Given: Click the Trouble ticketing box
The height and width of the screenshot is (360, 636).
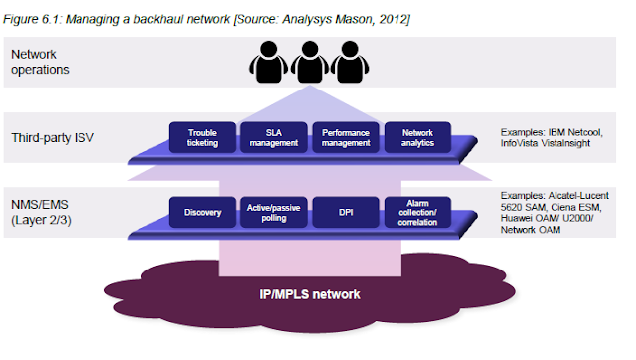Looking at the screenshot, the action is pyautogui.click(x=202, y=137).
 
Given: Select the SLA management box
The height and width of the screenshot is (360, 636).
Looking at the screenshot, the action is pyautogui.click(x=274, y=137).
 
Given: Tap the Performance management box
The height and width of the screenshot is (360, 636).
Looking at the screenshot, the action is pyautogui.click(x=346, y=137).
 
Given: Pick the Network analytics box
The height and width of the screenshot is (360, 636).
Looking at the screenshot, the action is pyautogui.click(x=417, y=137).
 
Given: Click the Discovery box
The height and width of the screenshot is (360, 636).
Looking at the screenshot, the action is pyautogui.click(x=202, y=212).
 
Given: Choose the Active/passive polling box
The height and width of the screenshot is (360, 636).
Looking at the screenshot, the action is pyautogui.click(x=274, y=212).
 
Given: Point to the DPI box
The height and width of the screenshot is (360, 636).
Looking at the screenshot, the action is pyautogui.click(x=346, y=212).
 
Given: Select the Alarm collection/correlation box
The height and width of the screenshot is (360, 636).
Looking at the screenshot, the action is pyautogui.click(x=417, y=212).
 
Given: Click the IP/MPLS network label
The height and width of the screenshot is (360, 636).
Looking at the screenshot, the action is pyautogui.click(x=310, y=294).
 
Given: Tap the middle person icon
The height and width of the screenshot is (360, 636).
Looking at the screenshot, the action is pyautogui.click(x=310, y=62).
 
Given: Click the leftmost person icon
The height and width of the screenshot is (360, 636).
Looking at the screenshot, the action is pyautogui.click(x=269, y=62).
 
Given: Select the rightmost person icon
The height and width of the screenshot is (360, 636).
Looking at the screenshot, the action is pyautogui.click(x=350, y=62).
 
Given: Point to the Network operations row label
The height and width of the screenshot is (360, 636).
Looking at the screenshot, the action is pyautogui.click(x=40, y=62).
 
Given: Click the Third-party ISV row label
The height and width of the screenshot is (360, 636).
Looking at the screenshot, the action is pyautogui.click(x=53, y=138).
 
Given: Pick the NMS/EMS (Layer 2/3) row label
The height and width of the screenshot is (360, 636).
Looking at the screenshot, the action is pyautogui.click(x=41, y=212).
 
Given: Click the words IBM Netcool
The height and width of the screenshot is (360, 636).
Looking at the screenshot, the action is pyautogui.click(x=575, y=132).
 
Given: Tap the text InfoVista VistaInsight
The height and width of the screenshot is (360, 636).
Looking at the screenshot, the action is pyautogui.click(x=546, y=143).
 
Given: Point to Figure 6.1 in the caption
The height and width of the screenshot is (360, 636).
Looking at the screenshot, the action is pyautogui.click(x=32, y=19).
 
